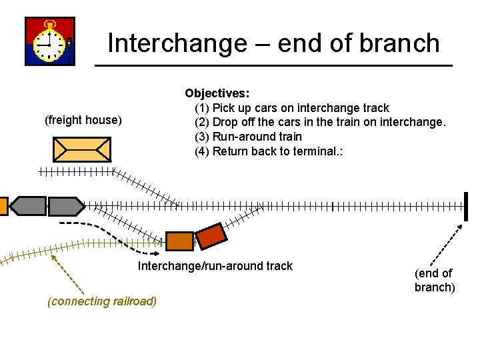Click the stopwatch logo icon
point(50,41)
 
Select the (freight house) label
point(83,121)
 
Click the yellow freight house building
point(81,149)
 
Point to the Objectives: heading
point(217,93)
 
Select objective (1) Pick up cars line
point(291,108)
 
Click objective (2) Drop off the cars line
point(319,123)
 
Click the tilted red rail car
point(211,235)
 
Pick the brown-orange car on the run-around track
point(179,241)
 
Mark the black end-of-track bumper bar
point(467,205)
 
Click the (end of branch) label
point(434,280)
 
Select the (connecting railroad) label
point(102,301)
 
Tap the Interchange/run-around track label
point(215,267)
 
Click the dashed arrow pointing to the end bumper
point(445,245)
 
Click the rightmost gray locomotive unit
point(66,206)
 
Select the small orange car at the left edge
point(3,206)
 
